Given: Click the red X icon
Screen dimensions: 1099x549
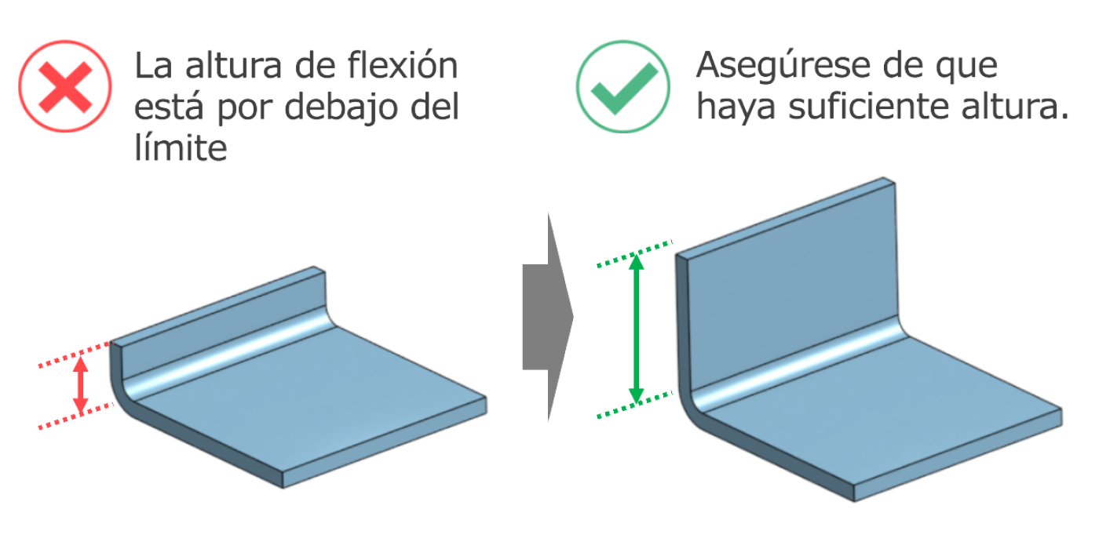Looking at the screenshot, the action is pos(64,86).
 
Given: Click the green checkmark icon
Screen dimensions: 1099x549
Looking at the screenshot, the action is pos(623,86).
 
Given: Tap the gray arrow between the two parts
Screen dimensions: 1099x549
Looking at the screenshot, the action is pos(548,317).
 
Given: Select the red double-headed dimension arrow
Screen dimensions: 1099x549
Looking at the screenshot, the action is pos(80,385).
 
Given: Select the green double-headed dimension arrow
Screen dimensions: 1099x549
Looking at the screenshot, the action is pos(637,329).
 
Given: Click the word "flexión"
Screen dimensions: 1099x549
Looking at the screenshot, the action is pos(402,65).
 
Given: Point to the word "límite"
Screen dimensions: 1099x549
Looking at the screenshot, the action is pos(181,147).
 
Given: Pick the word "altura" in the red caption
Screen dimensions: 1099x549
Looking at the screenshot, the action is pos(234,65).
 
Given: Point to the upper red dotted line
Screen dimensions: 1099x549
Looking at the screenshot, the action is pos(76,354).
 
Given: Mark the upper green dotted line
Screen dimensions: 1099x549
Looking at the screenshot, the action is pos(634,253).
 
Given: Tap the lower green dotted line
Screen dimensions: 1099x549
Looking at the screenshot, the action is pos(634,405).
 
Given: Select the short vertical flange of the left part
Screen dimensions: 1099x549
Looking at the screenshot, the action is pos(221,323).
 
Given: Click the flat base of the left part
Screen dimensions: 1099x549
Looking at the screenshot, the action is pos(314,397).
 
